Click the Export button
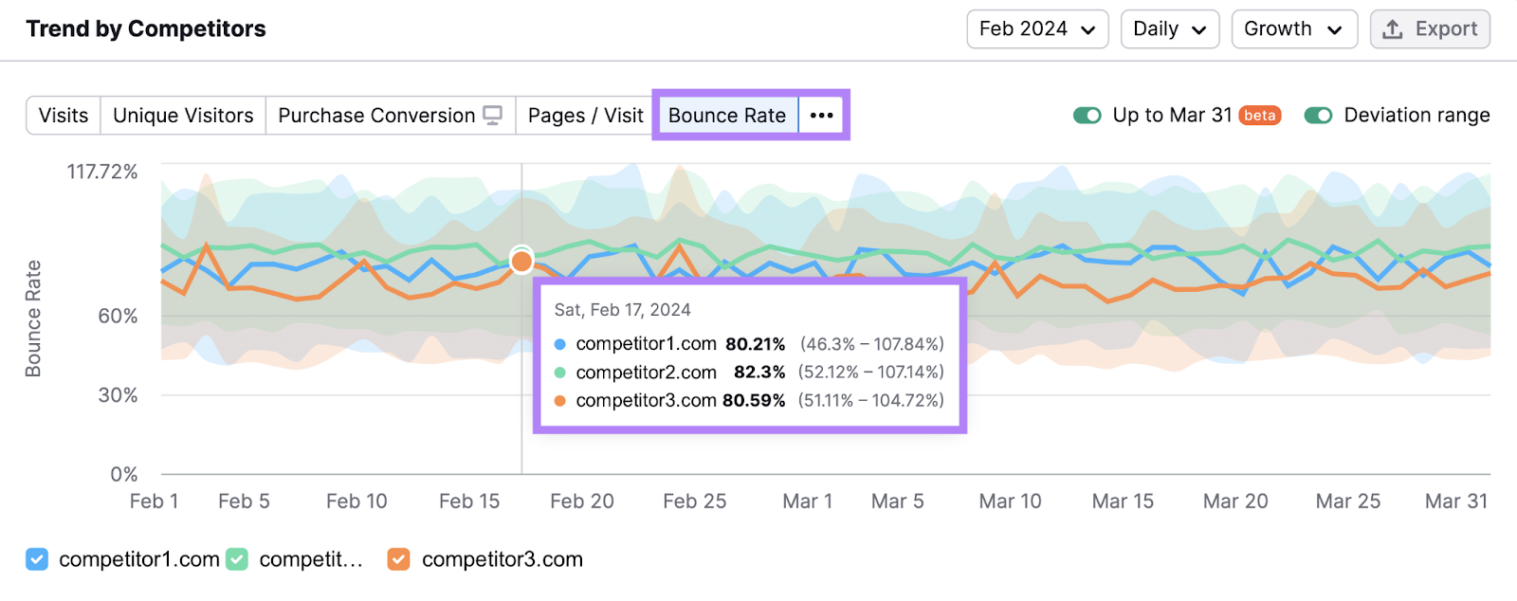[1430, 29]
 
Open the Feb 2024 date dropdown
[1037, 29]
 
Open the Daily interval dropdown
[1169, 29]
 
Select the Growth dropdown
[1293, 29]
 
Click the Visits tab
[64, 116]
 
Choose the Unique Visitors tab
[183, 116]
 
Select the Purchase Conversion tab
[390, 116]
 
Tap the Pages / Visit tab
[585, 116]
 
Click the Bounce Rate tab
[726, 116]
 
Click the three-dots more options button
[822, 116]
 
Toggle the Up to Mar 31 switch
[1087, 116]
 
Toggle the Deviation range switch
[1318, 116]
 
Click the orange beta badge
[1260, 116]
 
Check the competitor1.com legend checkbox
[37, 559]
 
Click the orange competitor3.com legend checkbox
[399, 559]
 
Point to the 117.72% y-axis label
[102, 172]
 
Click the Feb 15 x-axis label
[469, 501]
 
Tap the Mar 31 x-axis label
[1456, 501]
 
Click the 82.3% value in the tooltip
[759, 373]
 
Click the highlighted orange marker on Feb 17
[521, 261]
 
